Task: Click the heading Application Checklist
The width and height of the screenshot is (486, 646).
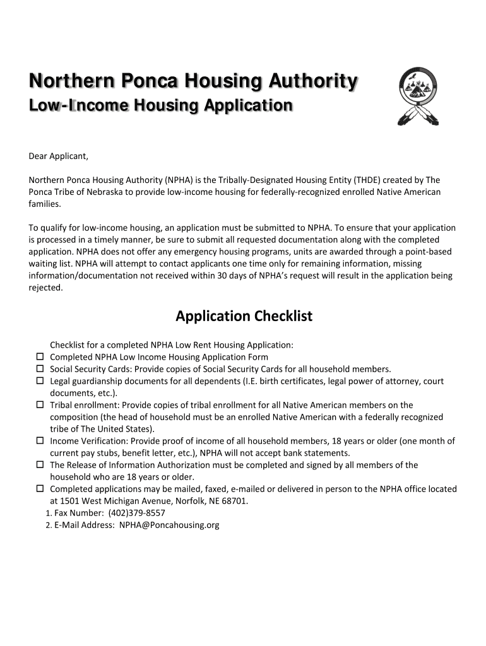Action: pos(244,316)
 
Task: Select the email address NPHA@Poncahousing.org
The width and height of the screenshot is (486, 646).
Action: pos(169,525)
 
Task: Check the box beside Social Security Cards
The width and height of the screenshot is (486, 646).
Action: pos(39,369)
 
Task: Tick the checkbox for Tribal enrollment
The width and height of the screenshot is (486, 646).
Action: pos(39,405)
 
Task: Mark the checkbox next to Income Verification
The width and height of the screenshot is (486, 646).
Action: pos(39,441)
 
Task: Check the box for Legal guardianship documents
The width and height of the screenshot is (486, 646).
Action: pos(39,381)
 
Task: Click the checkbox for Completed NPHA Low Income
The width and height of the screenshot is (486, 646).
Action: pos(39,357)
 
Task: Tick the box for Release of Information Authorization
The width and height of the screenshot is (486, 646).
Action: pos(39,465)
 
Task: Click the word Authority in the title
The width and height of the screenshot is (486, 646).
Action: pos(312,82)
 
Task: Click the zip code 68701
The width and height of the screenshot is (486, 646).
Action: pos(234,501)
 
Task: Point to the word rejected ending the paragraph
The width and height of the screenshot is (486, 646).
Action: pos(45,287)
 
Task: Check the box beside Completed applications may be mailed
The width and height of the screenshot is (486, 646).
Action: pos(39,489)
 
